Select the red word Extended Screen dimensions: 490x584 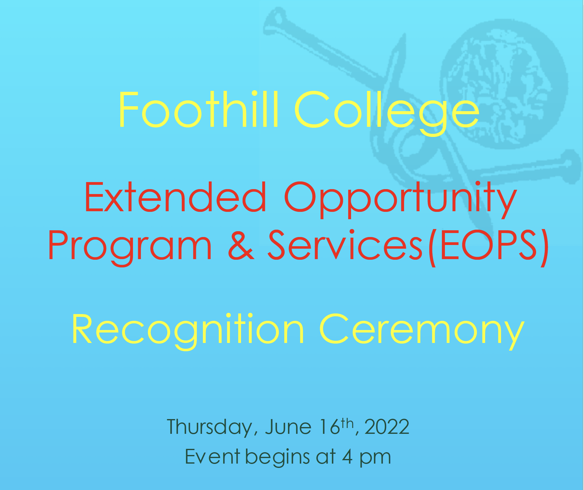coord(175,197)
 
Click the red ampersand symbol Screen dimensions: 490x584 coord(241,245)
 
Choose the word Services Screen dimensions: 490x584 coord(345,245)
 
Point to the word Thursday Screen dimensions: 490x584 coord(210,427)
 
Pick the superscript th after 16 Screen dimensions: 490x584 coord(348,423)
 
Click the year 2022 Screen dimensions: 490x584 coord(387,427)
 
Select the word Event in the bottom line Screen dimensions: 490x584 coord(212,457)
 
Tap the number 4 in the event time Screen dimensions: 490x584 coord(347,457)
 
